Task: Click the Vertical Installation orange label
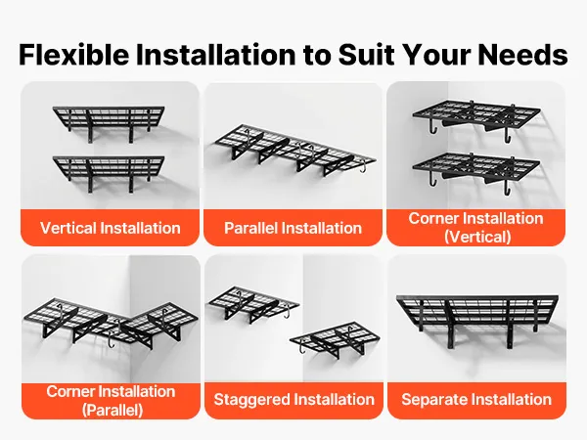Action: coord(111,228)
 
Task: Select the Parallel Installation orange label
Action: coord(293,228)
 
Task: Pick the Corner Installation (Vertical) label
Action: coord(475,227)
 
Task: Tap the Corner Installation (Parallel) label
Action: coord(111,400)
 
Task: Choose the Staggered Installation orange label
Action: coord(293,399)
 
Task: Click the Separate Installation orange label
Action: coord(475,399)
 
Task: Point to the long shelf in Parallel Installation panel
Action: coord(290,147)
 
